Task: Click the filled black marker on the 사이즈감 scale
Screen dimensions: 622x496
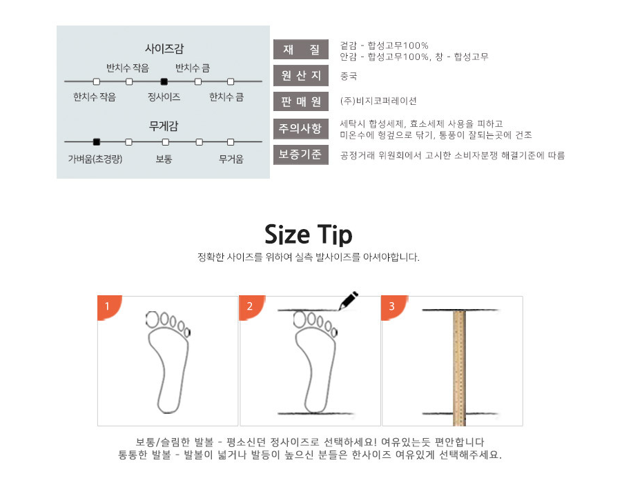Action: (164, 81)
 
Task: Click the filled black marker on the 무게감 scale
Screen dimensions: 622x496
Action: (97, 142)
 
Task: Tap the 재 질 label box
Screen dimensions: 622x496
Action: (301, 50)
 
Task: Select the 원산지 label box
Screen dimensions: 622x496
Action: (301, 75)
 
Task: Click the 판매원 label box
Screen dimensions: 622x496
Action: (301, 101)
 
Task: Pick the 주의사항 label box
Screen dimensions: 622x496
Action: (301, 128)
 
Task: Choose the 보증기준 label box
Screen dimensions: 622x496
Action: (301, 155)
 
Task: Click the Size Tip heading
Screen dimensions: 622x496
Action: (308, 235)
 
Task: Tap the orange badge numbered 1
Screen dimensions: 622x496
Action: (108, 307)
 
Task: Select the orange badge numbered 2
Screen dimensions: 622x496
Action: (251, 307)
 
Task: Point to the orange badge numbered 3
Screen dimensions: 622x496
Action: (393, 307)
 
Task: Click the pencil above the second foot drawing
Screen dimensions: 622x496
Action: (348, 301)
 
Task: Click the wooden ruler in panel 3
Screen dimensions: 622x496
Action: (459, 368)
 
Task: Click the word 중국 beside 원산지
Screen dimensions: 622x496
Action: (349, 76)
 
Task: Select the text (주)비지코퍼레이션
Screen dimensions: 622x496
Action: (378, 101)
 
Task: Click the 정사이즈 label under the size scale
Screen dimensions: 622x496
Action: (164, 97)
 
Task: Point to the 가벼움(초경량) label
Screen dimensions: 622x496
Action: (95, 159)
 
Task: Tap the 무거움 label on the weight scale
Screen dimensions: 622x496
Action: (231, 159)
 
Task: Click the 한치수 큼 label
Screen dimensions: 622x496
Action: (226, 97)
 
